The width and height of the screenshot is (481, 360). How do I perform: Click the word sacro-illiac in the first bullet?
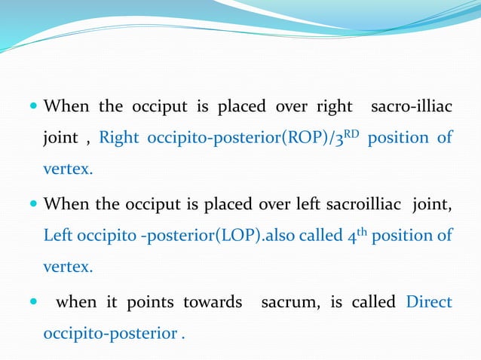pyautogui.click(x=412, y=106)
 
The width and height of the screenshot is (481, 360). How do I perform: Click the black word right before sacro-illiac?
pyautogui.click(x=333, y=106)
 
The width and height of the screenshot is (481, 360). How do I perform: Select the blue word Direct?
pyautogui.click(x=429, y=302)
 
